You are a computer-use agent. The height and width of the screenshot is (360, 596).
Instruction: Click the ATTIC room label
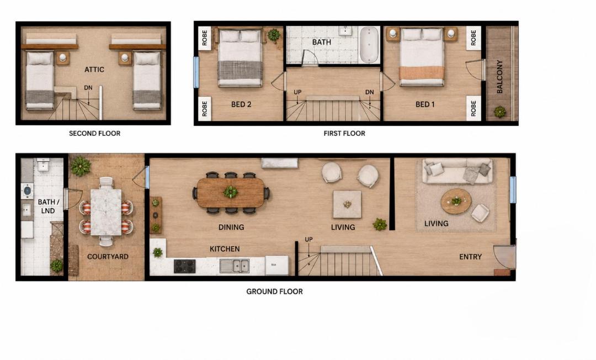pos(94,70)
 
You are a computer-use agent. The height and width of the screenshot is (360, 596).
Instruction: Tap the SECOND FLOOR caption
pos(95,134)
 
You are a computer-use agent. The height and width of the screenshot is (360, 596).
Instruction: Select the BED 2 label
pos(241,104)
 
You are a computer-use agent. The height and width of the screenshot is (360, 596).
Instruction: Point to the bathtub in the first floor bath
pos(369,45)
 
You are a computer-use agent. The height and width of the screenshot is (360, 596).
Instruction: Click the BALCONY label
pos(499,76)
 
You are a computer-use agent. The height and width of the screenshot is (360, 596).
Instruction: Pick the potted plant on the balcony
pos(500,112)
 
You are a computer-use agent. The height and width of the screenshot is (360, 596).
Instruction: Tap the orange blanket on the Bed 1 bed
pos(422,73)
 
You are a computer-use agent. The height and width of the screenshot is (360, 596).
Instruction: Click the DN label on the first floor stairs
pos(369,92)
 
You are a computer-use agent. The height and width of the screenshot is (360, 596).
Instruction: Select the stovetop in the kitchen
pos(185,266)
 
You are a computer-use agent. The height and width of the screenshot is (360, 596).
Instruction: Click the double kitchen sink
pos(235,266)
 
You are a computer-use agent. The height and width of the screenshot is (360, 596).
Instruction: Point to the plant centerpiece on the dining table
pos(230,192)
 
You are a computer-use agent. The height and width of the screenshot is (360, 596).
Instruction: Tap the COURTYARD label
pos(108,257)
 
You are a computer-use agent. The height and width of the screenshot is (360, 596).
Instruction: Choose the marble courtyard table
pos(105,212)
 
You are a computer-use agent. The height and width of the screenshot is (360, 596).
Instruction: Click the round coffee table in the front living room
pos(456,201)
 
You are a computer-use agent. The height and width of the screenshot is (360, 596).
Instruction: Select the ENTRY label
pos(470,257)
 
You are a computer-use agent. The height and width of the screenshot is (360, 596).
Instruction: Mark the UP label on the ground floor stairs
pos(308,240)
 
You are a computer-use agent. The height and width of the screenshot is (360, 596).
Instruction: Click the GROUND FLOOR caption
pos(274,292)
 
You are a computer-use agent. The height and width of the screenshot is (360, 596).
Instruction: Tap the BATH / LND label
pos(48,207)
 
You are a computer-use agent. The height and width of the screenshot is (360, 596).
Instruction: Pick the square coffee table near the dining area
pos(347,204)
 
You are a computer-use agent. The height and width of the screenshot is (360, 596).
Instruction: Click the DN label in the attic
pos(88,88)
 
